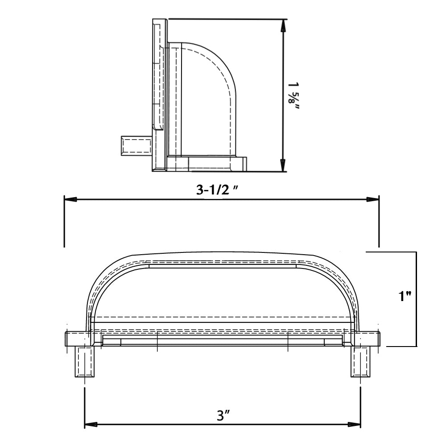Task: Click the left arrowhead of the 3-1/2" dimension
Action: [x=70, y=199]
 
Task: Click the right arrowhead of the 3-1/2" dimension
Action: [x=373, y=199]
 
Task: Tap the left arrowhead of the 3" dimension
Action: [x=91, y=424]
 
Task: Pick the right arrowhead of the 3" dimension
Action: [x=355, y=424]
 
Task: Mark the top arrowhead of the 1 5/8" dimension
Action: [x=282, y=26]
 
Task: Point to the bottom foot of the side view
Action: [x=207, y=164]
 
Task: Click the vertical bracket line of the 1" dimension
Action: [x=416, y=299]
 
